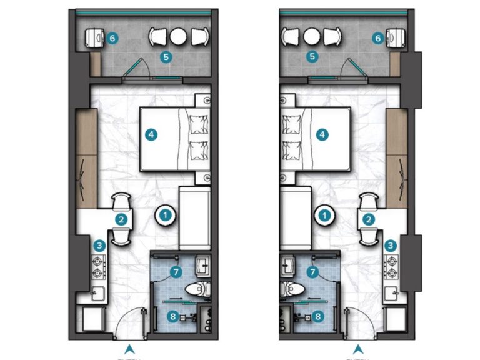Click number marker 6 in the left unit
coord(112,37)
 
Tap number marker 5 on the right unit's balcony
coord(312,56)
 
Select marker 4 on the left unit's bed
coord(151,134)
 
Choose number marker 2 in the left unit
coord(121,219)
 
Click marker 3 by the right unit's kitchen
coord(391,246)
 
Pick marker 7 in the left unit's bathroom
coord(176,272)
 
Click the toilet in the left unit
coord(197,289)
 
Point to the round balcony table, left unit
coord(179,36)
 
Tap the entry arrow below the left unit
coord(129,349)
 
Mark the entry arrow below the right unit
coord(358,349)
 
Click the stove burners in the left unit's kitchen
coord(101,268)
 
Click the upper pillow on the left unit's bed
coord(199,124)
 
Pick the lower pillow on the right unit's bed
coord(292,150)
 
